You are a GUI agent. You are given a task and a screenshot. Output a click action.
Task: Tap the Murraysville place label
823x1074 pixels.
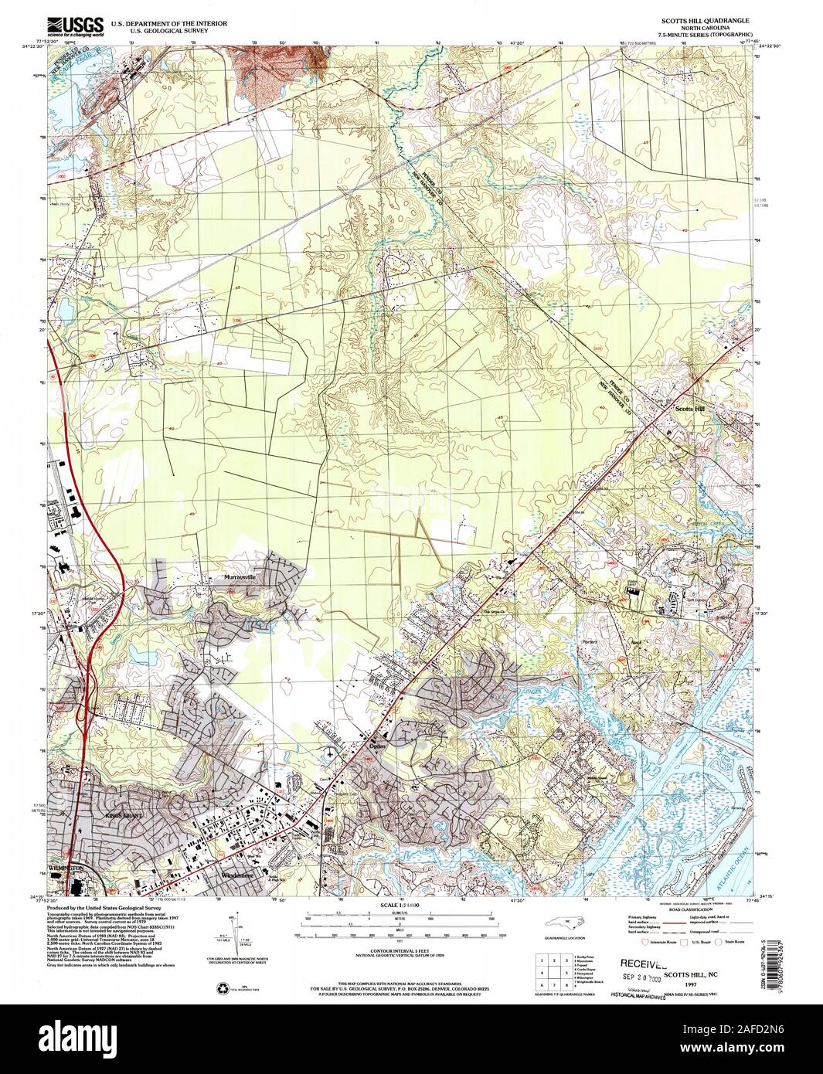tap(239, 577)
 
